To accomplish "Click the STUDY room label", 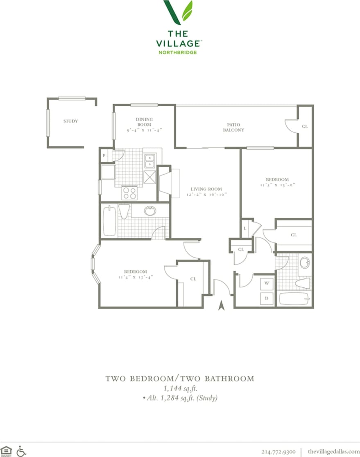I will pyautogui.click(x=70, y=121).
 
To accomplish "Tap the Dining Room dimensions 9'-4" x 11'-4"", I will pyautogui.click(x=144, y=130).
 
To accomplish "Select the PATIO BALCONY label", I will pyautogui.click(x=233, y=127).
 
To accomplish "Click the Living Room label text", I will pyautogui.click(x=206, y=189).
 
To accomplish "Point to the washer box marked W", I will pyautogui.click(x=267, y=283).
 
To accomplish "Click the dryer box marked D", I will pyautogui.click(x=267, y=299).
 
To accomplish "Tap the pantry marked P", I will pyautogui.click(x=104, y=156).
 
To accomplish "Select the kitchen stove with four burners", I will pyautogui.click(x=129, y=192).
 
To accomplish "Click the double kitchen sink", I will pyautogui.click(x=149, y=161).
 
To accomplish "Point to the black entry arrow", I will pyautogui.click(x=222, y=305).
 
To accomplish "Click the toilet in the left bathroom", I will pyautogui.click(x=124, y=211).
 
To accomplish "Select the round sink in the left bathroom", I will pyautogui.click(x=150, y=211).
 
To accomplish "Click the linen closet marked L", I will pyautogui.click(x=245, y=228).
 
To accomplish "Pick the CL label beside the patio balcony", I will pyautogui.click(x=305, y=127).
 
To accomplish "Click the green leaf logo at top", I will pyautogui.click(x=178, y=12).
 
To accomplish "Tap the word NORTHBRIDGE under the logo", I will pyautogui.click(x=178, y=52).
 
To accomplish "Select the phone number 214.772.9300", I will pyautogui.click(x=278, y=451).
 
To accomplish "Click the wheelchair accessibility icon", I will pyautogui.click(x=21, y=451).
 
